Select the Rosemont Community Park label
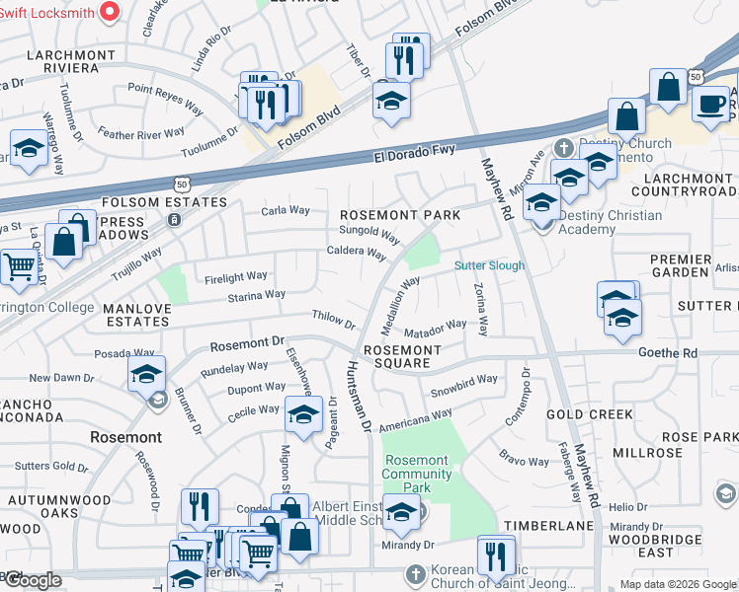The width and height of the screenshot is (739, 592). click(x=416, y=474)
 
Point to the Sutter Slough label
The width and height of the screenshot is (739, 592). click(x=489, y=266)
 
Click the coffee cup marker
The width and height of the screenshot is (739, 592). click(x=710, y=103)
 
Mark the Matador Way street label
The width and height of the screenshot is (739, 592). click(x=435, y=325)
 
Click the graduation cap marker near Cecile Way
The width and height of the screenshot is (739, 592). click(x=303, y=412)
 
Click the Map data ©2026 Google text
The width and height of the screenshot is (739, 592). click(x=678, y=584)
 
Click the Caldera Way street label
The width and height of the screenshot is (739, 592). click(x=356, y=253)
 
